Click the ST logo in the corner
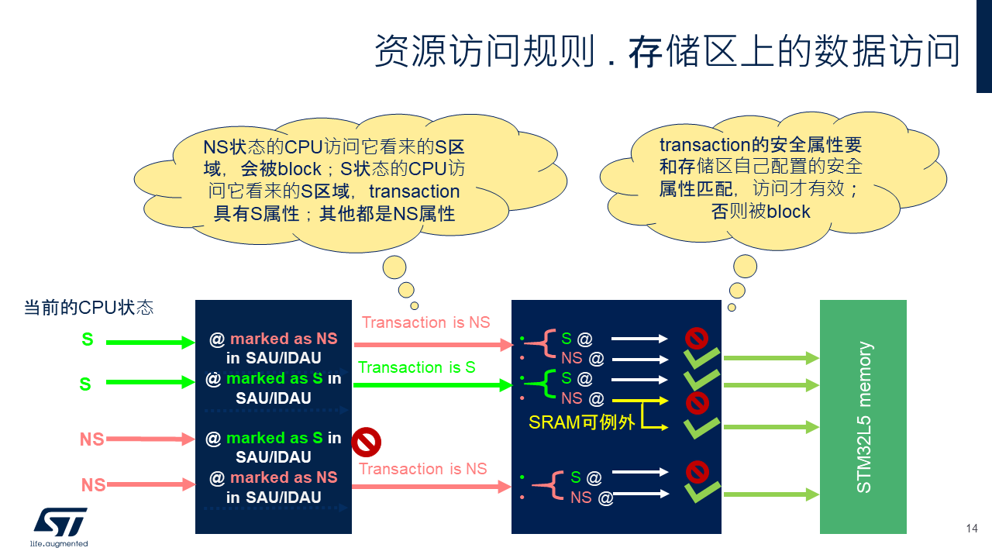(60, 527)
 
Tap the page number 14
(972, 529)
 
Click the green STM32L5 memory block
(863, 417)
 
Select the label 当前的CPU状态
(88, 308)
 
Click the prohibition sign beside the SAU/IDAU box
(367, 442)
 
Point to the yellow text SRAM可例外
(581, 422)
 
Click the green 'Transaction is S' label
(417, 367)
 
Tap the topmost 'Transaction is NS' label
(426, 322)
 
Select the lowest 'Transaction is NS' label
(423, 469)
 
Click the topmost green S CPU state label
(88, 339)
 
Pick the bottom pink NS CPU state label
(94, 485)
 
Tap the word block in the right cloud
(788, 212)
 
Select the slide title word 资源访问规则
(484, 51)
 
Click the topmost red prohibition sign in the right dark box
(697, 339)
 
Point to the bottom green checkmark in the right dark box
(702, 491)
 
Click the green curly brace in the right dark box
(543, 384)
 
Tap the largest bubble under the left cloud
(394, 267)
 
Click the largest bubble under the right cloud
(745, 266)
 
